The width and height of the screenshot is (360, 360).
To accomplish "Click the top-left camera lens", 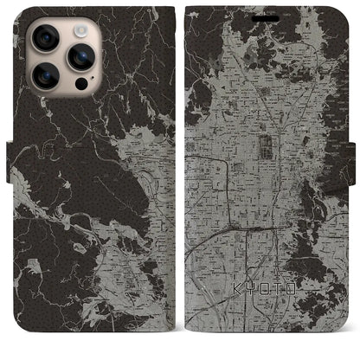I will tap(42, 39).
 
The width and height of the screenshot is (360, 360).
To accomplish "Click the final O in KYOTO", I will tap(292, 307).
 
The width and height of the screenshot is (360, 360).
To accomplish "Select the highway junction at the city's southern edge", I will tap(251, 230).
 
